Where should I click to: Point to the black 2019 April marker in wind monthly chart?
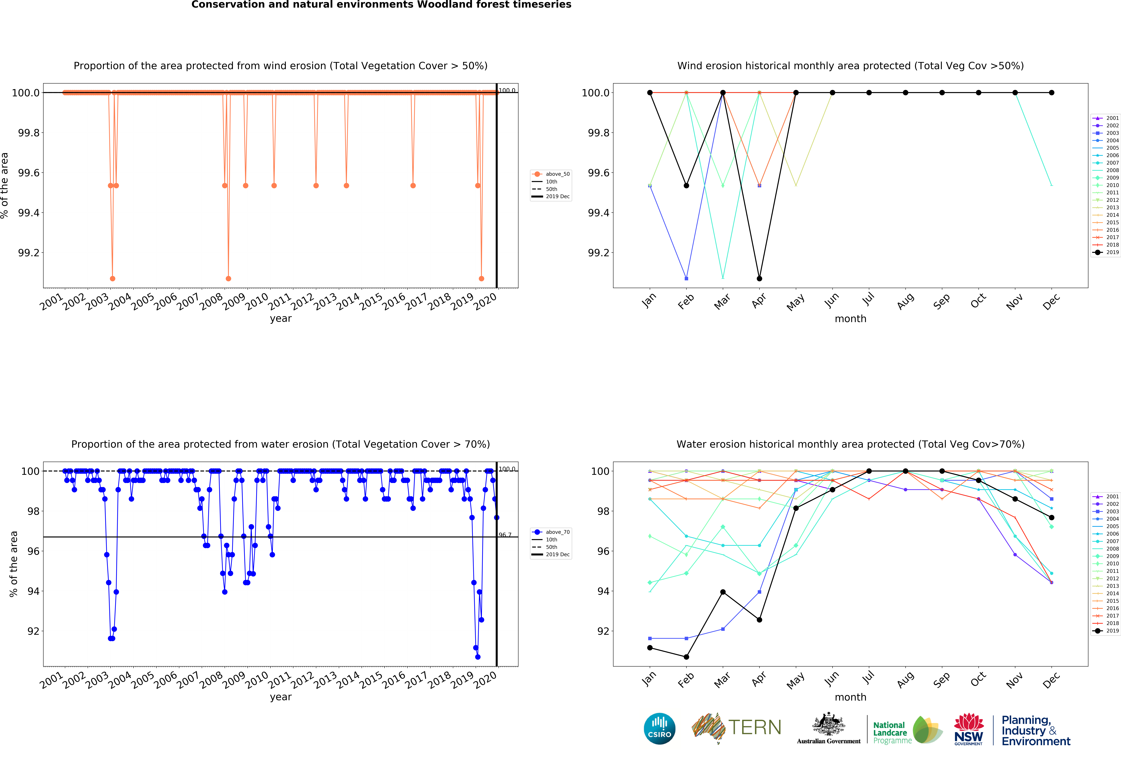[759, 278]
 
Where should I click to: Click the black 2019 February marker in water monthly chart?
[686, 657]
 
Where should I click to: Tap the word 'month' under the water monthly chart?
[850, 697]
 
